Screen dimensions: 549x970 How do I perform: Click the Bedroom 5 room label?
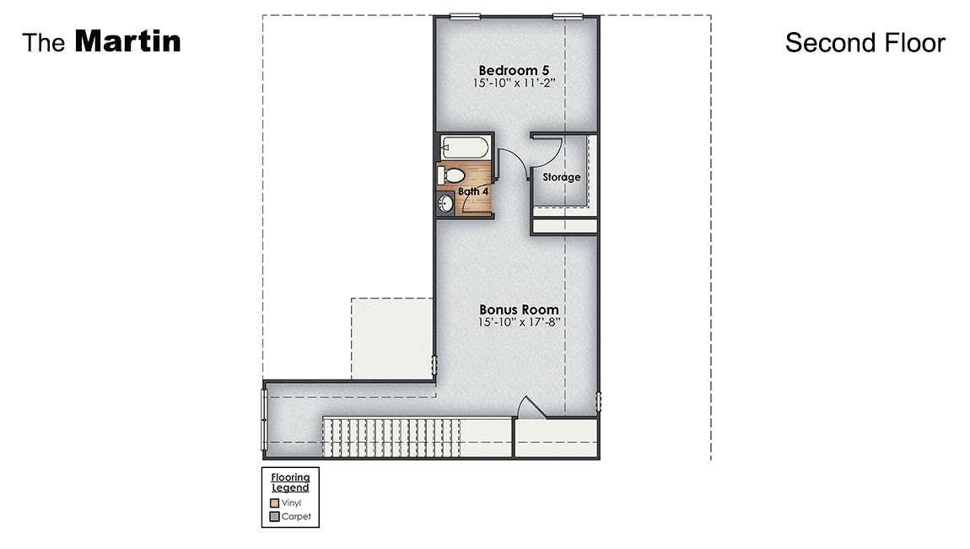pyautogui.click(x=515, y=70)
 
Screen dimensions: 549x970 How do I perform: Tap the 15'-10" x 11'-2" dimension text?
pyautogui.click(x=515, y=83)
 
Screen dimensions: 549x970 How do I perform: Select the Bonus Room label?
pyautogui.click(x=519, y=309)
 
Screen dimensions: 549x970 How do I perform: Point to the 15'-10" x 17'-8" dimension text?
pyautogui.click(x=519, y=322)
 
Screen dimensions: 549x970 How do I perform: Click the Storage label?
pyautogui.click(x=562, y=177)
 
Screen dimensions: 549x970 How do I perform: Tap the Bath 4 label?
pyautogui.click(x=473, y=191)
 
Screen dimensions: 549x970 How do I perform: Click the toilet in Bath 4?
pyautogui.click(x=451, y=175)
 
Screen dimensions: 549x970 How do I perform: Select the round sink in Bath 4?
pyautogui.click(x=446, y=203)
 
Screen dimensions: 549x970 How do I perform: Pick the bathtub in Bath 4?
pyautogui.click(x=464, y=147)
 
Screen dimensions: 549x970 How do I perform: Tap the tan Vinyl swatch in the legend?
pyautogui.click(x=275, y=503)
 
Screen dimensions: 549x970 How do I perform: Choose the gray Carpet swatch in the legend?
pyautogui.click(x=275, y=517)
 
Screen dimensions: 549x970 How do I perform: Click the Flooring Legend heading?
pyautogui.click(x=290, y=482)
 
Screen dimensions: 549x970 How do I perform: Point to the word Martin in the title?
pyautogui.click(x=127, y=41)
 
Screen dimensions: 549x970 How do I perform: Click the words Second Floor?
pyautogui.click(x=865, y=42)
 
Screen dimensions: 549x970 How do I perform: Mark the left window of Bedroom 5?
pyautogui.click(x=465, y=15)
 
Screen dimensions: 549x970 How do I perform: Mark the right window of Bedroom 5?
pyautogui.click(x=568, y=15)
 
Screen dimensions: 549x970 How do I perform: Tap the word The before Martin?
pyautogui.click(x=44, y=43)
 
